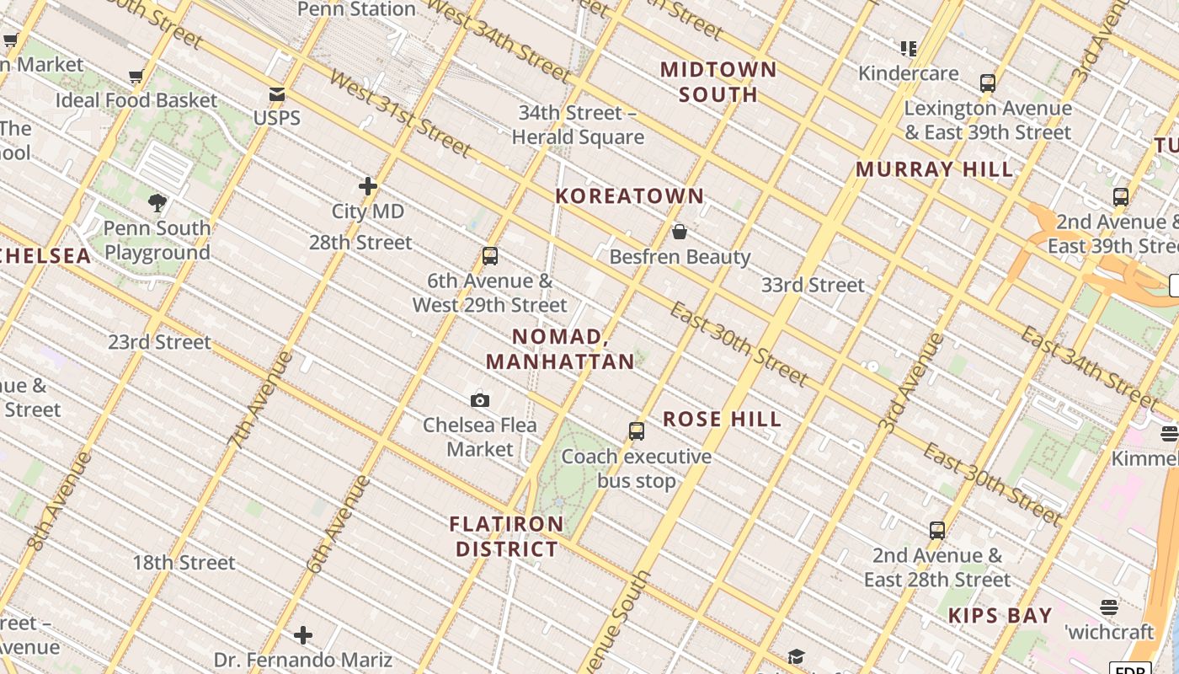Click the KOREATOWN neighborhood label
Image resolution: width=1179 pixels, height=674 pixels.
pyautogui.click(x=629, y=195)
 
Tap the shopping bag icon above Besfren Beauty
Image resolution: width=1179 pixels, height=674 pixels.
pyautogui.click(x=680, y=232)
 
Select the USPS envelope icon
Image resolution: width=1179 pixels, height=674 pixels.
pyautogui.click(x=277, y=94)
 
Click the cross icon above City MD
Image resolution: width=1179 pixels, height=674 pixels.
pyautogui.click(x=368, y=186)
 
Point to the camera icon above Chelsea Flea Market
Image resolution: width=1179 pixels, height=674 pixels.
pyautogui.click(x=480, y=400)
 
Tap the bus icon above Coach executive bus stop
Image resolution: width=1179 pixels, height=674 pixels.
pyautogui.click(x=637, y=431)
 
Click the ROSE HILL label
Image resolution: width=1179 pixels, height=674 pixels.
pyautogui.click(x=722, y=419)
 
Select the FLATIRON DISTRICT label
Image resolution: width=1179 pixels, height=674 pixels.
pyautogui.click(x=506, y=537)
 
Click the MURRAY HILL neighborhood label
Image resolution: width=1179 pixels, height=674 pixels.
pyautogui.click(x=934, y=168)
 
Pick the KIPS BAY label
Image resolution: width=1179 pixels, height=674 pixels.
pyautogui.click(x=1000, y=616)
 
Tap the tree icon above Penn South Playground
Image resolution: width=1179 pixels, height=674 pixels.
pyautogui.click(x=157, y=202)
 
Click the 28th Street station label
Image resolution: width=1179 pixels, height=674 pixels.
pyautogui.click(x=360, y=243)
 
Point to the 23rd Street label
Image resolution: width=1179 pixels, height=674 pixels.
pyautogui.click(x=159, y=342)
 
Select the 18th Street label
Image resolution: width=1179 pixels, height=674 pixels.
pyautogui.click(x=184, y=562)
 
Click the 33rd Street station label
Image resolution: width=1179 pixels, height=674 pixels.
pyautogui.click(x=813, y=285)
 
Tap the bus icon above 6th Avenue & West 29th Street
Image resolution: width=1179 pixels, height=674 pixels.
pyautogui.click(x=490, y=256)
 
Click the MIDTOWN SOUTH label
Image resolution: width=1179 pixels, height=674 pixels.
pyautogui.click(x=718, y=82)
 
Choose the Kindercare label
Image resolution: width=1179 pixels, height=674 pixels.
pyautogui.click(x=908, y=73)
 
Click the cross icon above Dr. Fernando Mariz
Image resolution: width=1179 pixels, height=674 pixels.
pyautogui.click(x=303, y=635)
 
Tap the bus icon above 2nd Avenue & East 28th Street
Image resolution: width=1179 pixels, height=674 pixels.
pyautogui.click(x=937, y=531)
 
